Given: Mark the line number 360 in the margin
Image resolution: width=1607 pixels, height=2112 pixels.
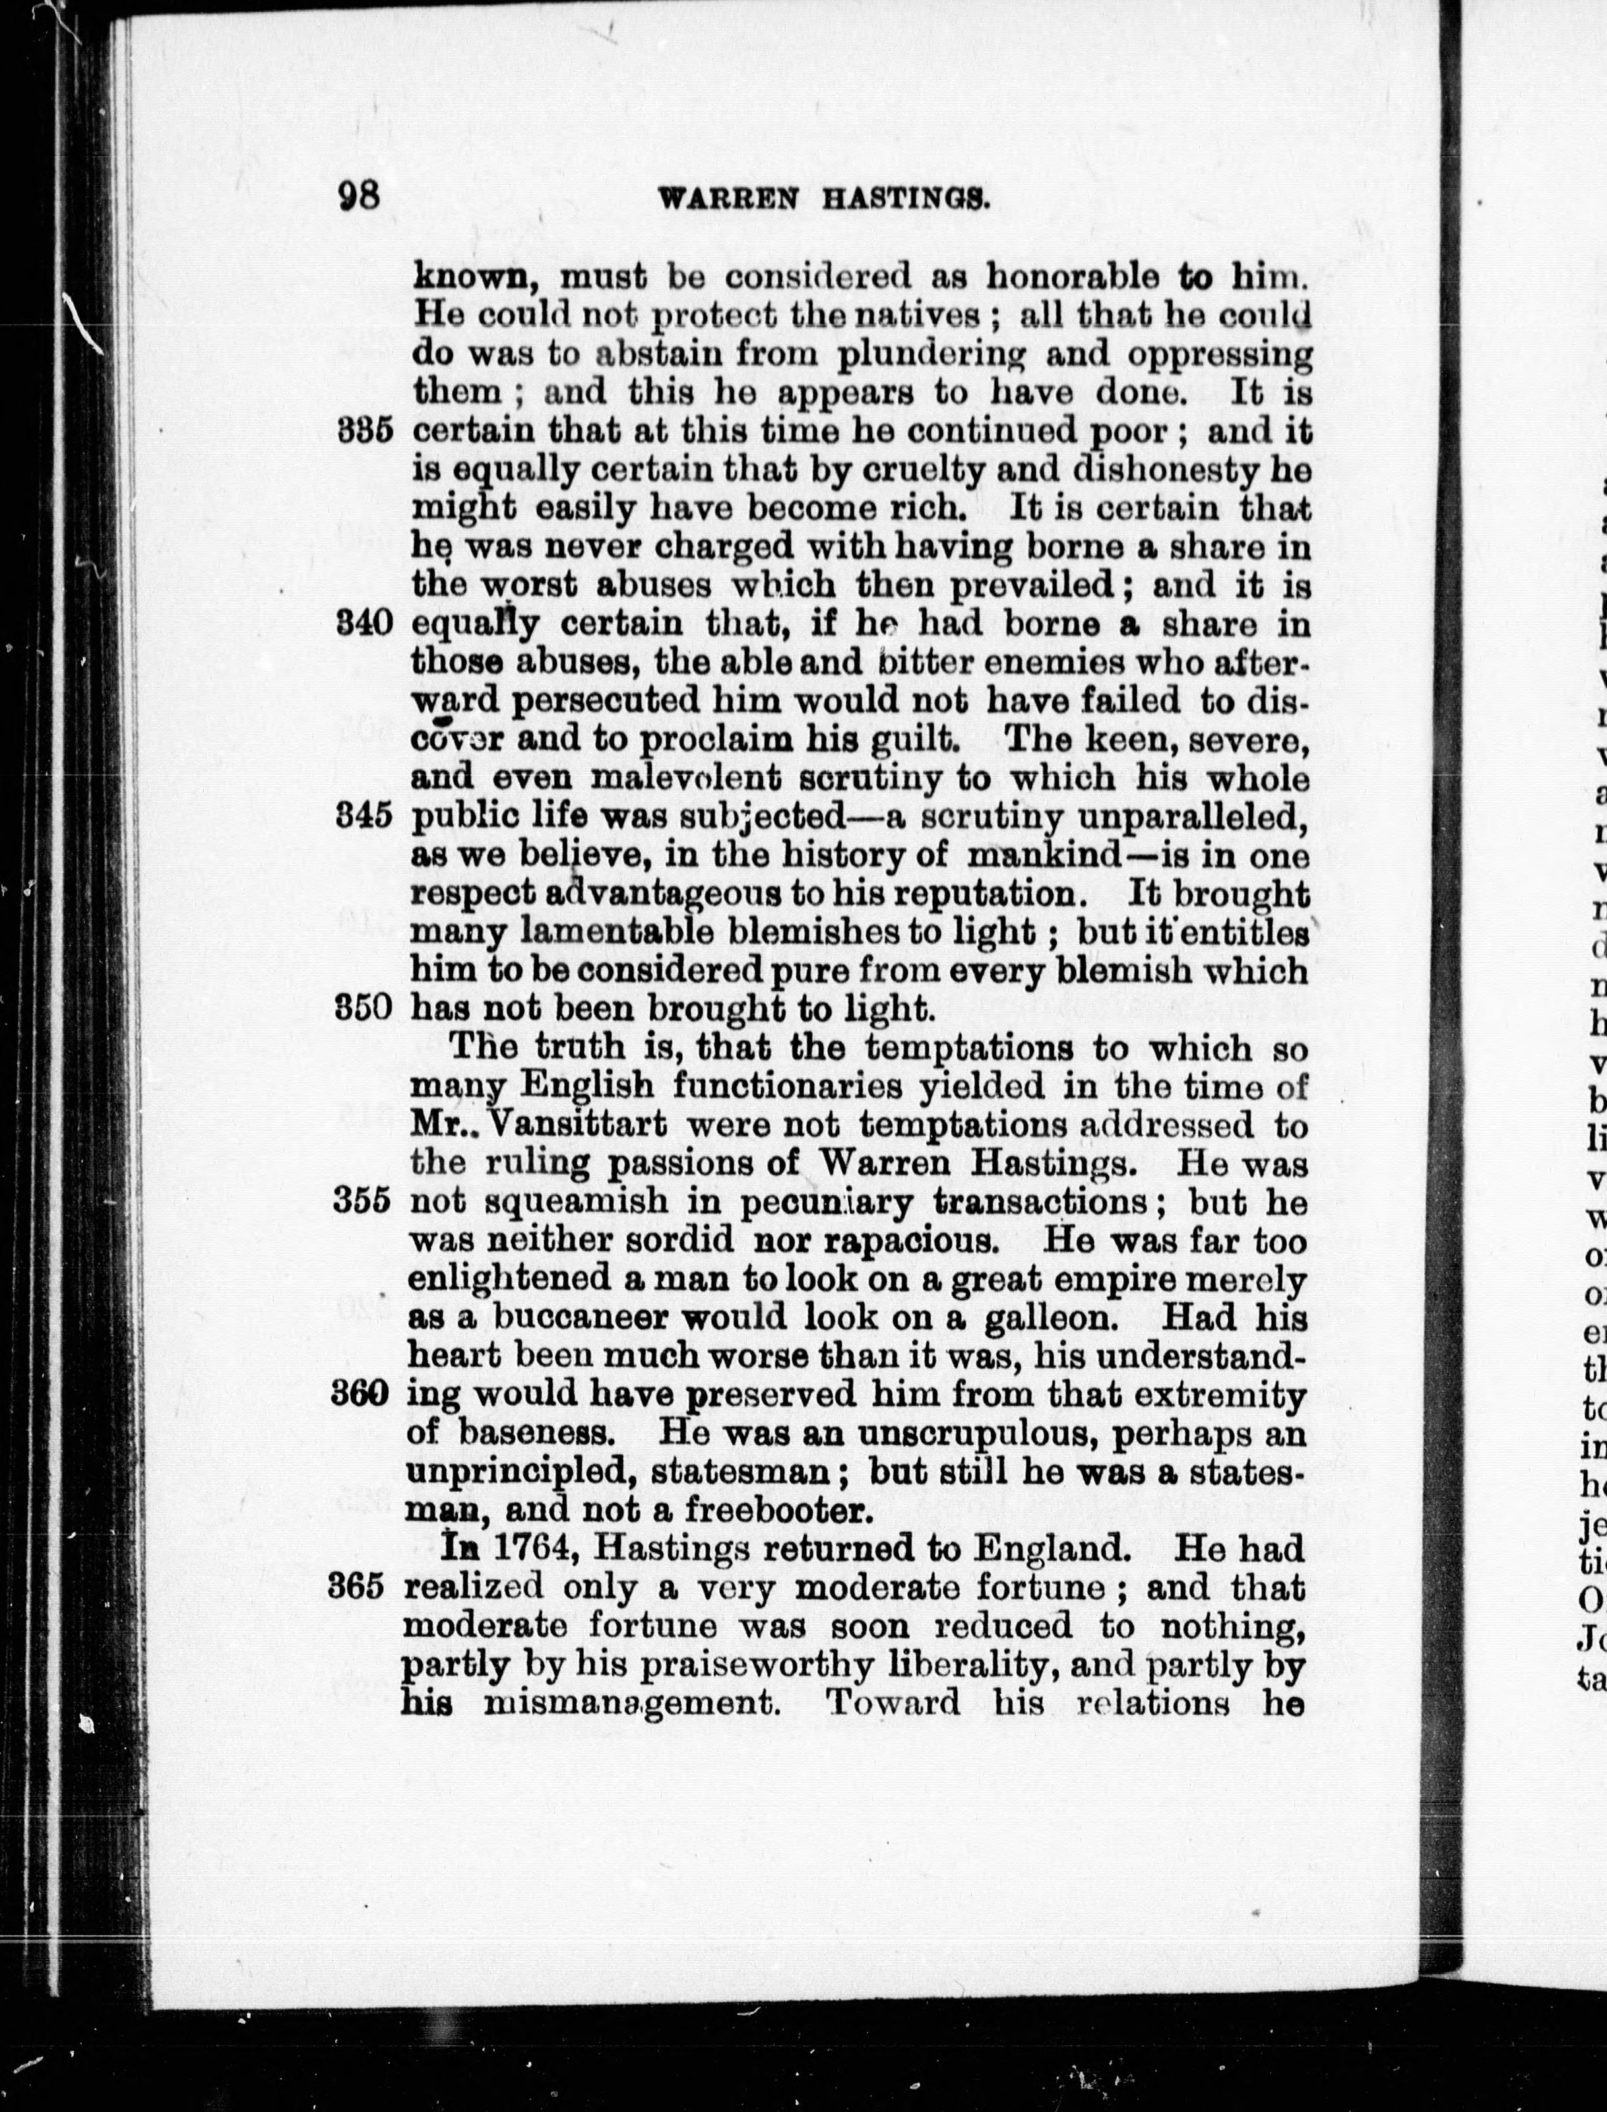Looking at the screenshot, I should pyautogui.click(x=360, y=1393).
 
